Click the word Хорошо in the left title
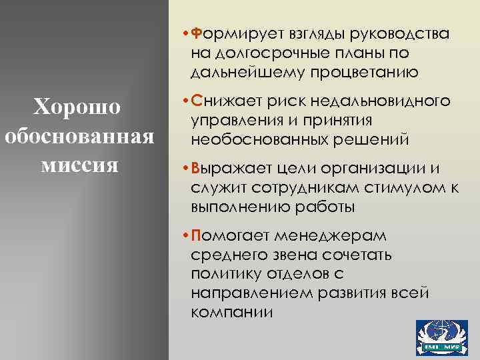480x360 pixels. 77,107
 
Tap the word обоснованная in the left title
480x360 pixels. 79,135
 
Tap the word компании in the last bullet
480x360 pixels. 231,312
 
